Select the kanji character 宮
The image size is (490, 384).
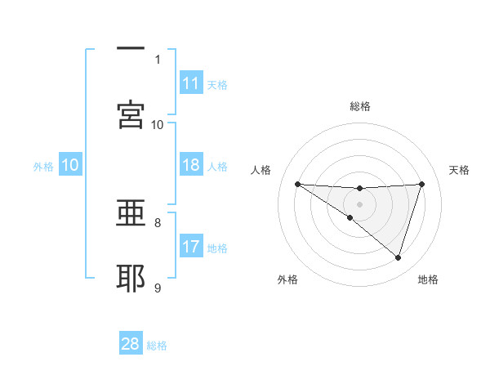pyautogui.click(x=131, y=114)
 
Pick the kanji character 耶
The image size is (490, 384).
pyautogui.click(x=131, y=278)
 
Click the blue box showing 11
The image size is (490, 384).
pyautogui.click(x=191, y=83)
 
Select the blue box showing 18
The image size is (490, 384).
pyautogui.click(x=191, y=166)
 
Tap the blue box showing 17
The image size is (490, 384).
pyautogui.click(x=191, y=248)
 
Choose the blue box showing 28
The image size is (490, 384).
pyautogui.click(x=131, y=344)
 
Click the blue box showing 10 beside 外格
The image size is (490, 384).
pyautogui.click(x=70, y=166)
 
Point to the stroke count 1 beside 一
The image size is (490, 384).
pyautogui.click(x=158, y=59)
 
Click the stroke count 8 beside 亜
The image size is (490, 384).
pyautogui.click(x=158, y=221)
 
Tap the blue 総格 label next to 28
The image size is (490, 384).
pyautogui.click(x=157, y=345)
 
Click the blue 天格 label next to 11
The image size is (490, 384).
pyautogui.click(x=217, y=84)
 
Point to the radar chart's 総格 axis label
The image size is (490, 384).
pyautogui.click(x=360, y=106)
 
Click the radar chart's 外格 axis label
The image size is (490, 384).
pyautogui.click(x=287, y=279)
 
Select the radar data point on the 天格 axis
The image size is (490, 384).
pyautogui.click(x=421, y=184)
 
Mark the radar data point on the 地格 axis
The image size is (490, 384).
pyautogui.click(x=398, y=257)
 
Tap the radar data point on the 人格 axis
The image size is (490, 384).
pyautogui.click(x=298, y=184)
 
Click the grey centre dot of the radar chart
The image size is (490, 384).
pyautogui.click(x=360, y=203)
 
